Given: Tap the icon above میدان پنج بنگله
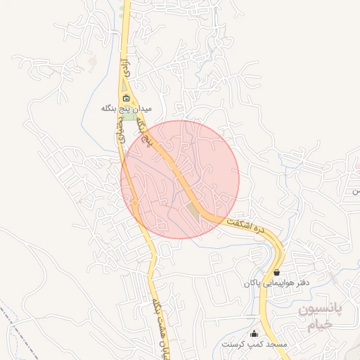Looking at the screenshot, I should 127,98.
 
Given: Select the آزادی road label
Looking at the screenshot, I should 127,69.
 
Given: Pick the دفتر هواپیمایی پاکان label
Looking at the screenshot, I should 276,283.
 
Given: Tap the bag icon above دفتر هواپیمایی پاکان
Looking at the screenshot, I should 276,272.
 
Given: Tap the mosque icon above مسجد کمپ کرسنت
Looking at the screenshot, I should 255,333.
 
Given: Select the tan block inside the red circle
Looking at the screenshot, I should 193,210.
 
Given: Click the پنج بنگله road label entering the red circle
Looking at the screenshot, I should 148,134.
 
